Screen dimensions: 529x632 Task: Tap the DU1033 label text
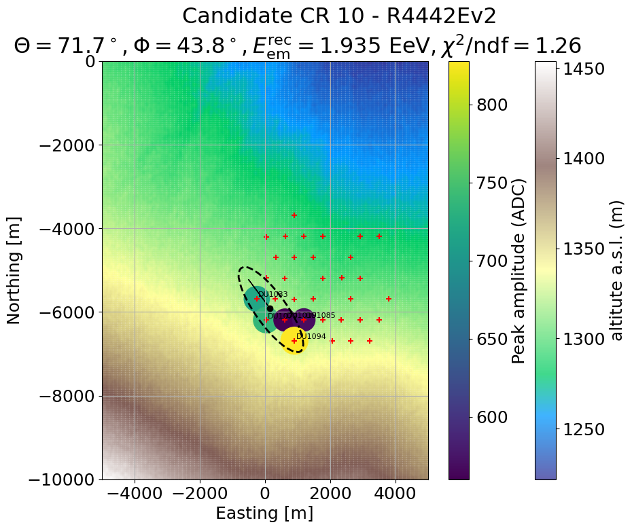pos(273,295)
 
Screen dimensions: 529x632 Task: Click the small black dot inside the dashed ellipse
pos(270,308)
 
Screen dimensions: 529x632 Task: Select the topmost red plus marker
pos(294,215)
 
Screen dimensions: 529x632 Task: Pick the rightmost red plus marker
pos(389,299)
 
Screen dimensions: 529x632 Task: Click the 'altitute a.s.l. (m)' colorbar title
pos(616,270)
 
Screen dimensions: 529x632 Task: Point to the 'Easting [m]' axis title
pos(265,513)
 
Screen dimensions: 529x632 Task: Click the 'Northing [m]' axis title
pos(14,270)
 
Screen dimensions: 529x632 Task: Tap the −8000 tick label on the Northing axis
pos(67,396)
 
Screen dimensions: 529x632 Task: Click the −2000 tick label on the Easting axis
pos(200,494)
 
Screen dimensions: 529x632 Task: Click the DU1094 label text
pos(311,336)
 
